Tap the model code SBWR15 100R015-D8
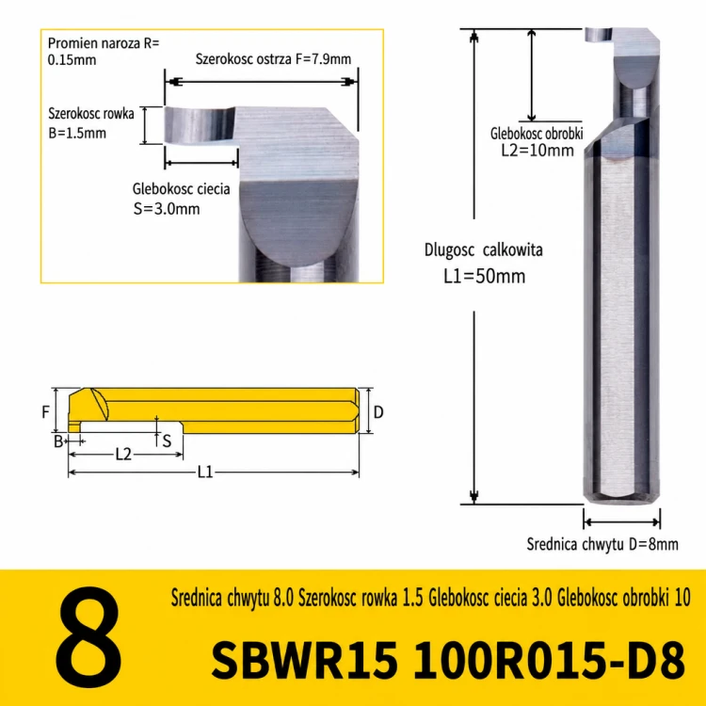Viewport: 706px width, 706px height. click(448, 660)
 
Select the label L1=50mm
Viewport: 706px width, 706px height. click(484, 276)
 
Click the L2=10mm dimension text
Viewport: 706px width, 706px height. click(538, 150)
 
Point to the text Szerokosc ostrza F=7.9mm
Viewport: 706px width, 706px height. click(273, 59)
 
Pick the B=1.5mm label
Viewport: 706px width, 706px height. click(77, 134)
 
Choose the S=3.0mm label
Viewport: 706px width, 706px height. click(167, 209)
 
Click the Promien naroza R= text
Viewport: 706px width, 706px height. click(104, 43)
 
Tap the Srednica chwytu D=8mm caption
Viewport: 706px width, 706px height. click(602, 544)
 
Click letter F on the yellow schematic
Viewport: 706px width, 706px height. click(45, 411)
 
